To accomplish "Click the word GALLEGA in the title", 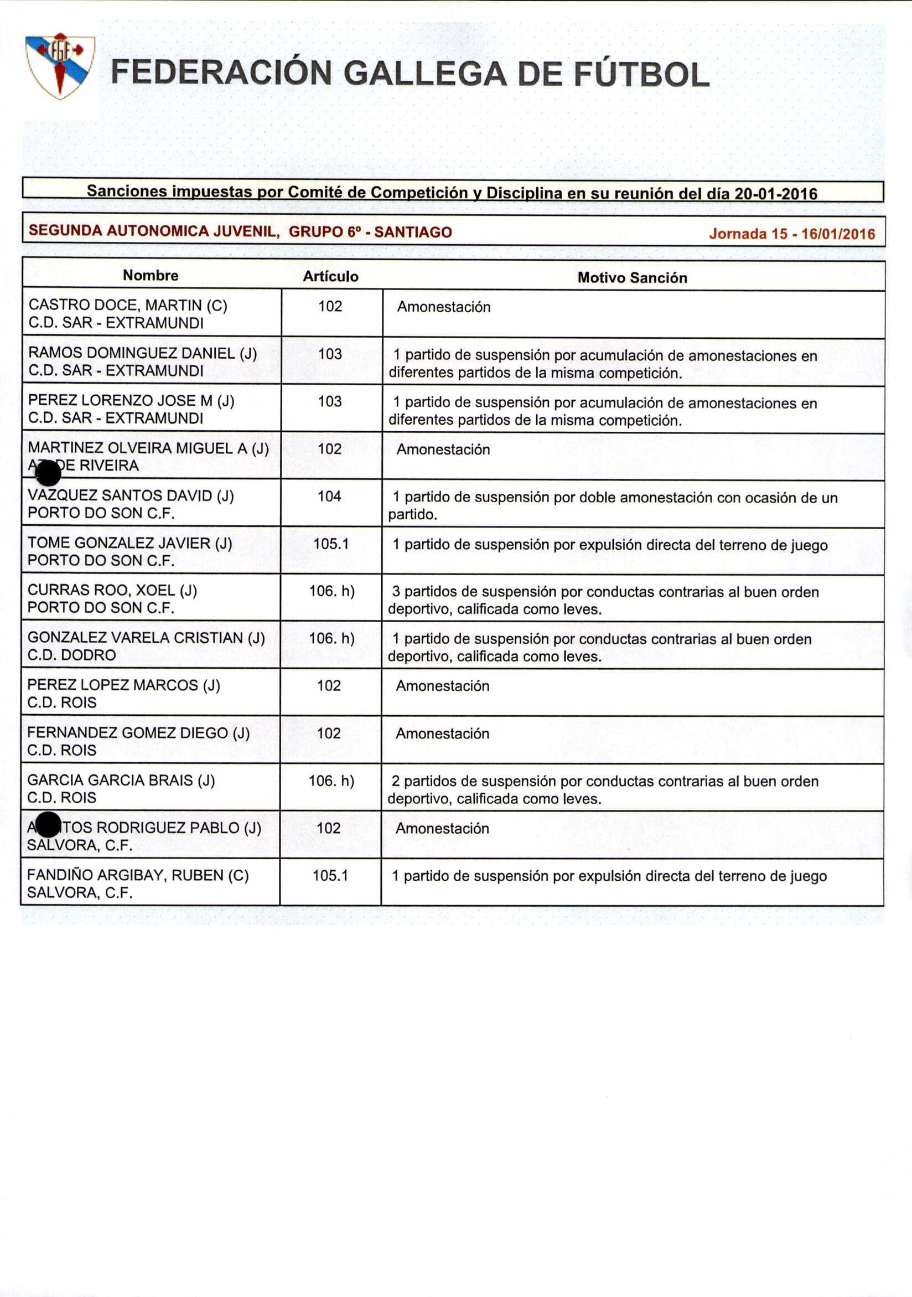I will tap(424, 74).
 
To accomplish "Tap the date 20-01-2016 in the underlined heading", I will tap(775, 194).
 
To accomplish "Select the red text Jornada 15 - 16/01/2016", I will tap(792, 234).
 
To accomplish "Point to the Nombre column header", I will tap(150, 276).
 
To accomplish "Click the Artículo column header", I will tap(330, 276).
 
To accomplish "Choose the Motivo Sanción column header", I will tap(632, 277).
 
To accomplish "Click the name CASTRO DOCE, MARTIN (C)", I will tap(128, 305).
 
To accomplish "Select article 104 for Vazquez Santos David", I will tap(329, 496).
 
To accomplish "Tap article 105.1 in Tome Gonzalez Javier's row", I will tap(331, 544).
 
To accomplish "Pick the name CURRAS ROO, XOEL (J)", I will tap(112, 590).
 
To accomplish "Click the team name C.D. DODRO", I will tap(71, 655).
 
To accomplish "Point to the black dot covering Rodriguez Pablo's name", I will tap(48, 825).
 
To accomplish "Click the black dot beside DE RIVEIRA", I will tap(48, 473).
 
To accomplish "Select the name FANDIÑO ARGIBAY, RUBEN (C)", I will tap(138, 875).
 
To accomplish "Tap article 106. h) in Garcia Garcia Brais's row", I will tap(331, 781).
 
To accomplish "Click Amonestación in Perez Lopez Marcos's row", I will tap(442, 686).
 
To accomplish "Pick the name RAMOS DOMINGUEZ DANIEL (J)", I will tap(142, 353).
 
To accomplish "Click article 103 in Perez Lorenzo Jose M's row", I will tap(330, 401).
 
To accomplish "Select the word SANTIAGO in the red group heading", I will tap(413, 232).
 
